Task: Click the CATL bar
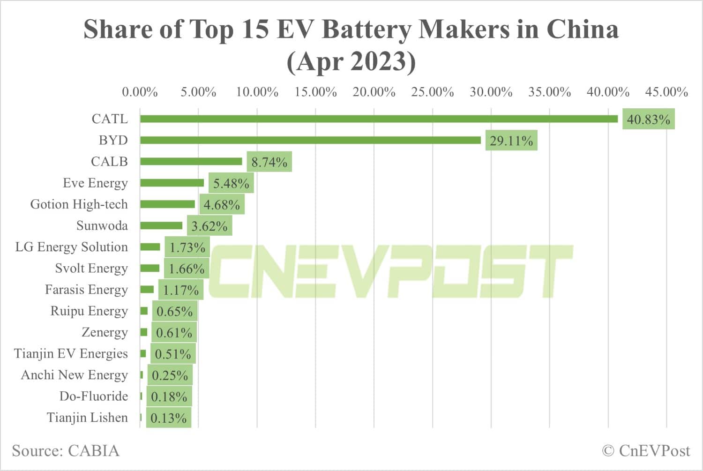pos(379,119)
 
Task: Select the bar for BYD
pos(310,140)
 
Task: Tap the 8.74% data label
pos(269,162)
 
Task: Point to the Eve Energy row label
pos(95,183)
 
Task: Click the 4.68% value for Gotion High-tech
pos(222,205)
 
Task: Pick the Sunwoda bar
pos(161,225)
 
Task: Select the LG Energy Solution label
pos(71,247)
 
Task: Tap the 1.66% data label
pos(187,269)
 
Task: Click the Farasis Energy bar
pos(147,290)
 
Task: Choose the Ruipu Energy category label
pos(89,311)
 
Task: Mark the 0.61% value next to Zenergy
pos(174,333)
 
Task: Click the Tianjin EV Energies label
pos(71,353)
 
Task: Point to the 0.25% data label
pos(170,375)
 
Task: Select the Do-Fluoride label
pos(94,396)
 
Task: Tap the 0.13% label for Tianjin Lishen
pos(168,418)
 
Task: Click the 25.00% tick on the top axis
pos(432,92)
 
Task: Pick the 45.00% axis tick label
pos(666,92)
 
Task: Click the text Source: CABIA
pos(66,450)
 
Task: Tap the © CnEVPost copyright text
pos(646,450)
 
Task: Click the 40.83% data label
pos(648,120)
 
